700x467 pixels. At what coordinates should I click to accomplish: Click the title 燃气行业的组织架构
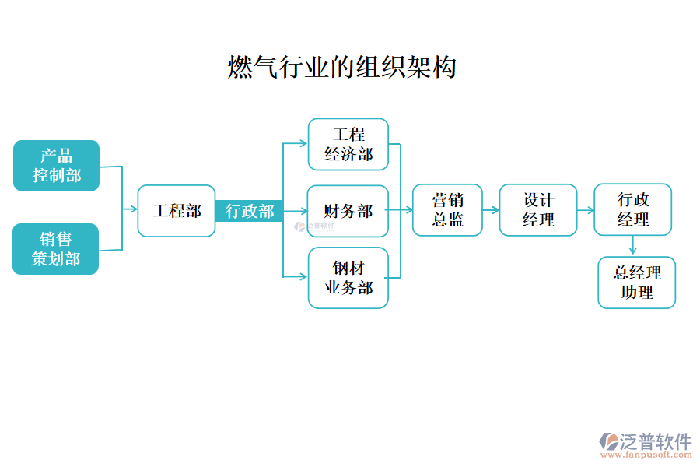[341, 68]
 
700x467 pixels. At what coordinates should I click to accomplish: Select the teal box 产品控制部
[56, 166]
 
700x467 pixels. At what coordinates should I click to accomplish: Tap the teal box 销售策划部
[56, 249]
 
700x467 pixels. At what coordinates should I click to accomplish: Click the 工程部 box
[176, 211]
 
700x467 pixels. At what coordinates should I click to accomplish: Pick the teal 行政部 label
[250, 211]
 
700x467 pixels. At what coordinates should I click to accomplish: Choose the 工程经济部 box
[348, 144]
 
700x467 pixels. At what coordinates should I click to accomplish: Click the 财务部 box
[348, 211]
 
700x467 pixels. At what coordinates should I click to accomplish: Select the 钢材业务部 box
[348, 278]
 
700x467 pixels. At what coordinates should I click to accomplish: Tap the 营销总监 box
[447, 210]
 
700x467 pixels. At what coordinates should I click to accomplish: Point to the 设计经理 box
[538, 210]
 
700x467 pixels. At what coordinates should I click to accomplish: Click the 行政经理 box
[632, 209]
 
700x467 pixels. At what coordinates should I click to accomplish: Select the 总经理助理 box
[636, 283]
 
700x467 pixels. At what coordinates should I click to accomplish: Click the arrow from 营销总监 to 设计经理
[491, 210]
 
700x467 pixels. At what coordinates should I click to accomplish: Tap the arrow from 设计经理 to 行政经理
[586, 210]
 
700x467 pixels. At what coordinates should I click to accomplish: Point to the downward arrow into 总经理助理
[633, 246]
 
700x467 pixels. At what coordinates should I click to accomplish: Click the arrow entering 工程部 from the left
[131, 209]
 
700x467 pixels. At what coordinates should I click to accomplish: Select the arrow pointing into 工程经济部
[296, 143]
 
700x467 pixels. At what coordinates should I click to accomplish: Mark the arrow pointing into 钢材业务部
[296, 276]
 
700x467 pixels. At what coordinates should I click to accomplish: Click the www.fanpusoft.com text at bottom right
[646, 456]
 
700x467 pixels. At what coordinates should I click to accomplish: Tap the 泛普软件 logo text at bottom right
[655, 441]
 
